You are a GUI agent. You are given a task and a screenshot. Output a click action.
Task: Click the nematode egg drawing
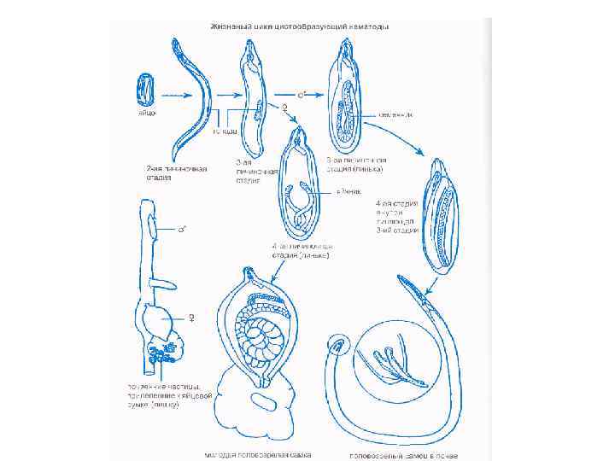click(145, 89)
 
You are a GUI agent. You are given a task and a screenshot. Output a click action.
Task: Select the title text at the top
click(300, 26)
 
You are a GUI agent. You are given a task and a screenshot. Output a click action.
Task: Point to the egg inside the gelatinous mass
click(266, 400)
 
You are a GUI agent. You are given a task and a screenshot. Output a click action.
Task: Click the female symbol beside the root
click(190, 318)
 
